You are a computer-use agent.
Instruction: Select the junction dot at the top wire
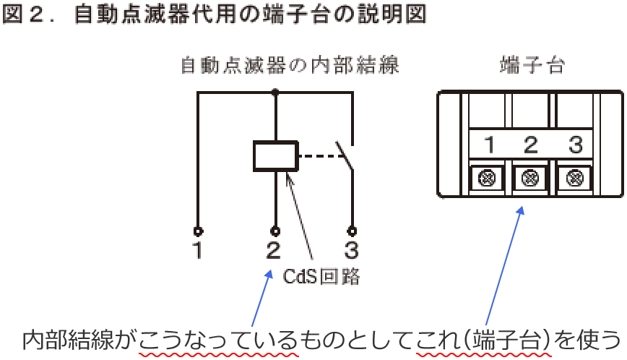(275, 92)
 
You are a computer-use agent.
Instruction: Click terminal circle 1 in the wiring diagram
(198, 231)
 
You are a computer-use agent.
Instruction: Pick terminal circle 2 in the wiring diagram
(275, 231)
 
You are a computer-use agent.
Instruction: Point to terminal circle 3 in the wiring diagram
(353, 231)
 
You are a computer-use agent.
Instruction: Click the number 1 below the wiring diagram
(197, 251)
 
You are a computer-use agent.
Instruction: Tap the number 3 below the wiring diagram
(352, 251)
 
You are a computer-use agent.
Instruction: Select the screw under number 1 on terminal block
(487, 176)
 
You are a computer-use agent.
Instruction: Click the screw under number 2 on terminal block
(531, 176)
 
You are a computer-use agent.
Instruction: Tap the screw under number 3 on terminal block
(575, 176)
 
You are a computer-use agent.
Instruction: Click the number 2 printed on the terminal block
(531, 145)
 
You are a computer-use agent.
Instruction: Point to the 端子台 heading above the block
(532, 66)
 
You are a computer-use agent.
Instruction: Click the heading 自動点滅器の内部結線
(289, 66)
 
